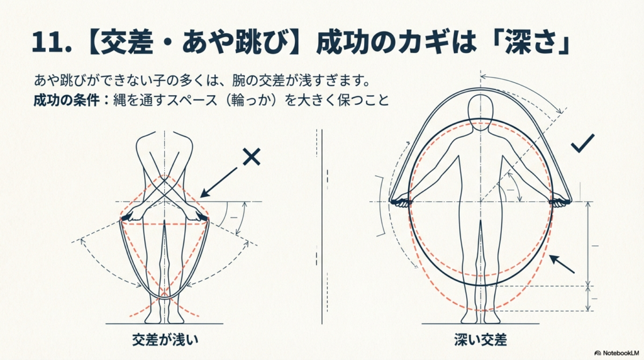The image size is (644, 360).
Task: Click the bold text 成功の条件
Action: click(x=66, y=100)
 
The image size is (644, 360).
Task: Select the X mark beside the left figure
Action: click(x=252, y=157)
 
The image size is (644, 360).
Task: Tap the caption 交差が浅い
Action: click(x=165, y=339)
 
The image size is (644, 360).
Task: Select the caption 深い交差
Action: click(x=480, y=339)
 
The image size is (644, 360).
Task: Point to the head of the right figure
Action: click(x=480, y=113)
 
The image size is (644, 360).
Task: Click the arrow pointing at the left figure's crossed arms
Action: click(x=218, y=182)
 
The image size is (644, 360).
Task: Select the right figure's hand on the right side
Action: click(x=560, y=202)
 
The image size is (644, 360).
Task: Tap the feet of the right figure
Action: click(x=480, y=317)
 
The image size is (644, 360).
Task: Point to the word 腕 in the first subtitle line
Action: click(x=238, y=80)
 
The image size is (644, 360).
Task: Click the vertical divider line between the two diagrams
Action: click(x=322, y=227)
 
